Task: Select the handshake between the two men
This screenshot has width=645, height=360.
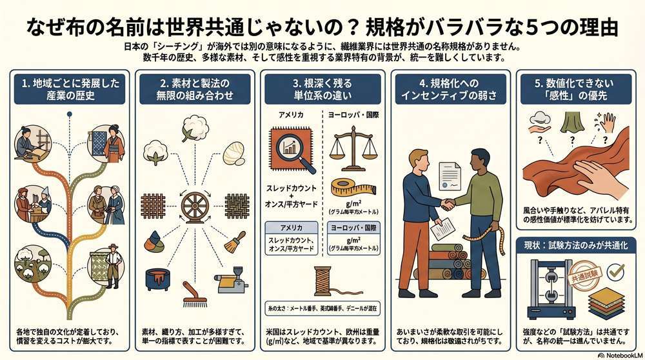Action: [x=446, y=203]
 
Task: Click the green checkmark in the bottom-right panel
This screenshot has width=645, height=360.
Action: [x=617, y=271]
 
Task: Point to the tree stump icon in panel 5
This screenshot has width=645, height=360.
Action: [x=568, y=123]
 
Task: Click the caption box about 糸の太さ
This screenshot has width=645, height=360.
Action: [x=322, y=308]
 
